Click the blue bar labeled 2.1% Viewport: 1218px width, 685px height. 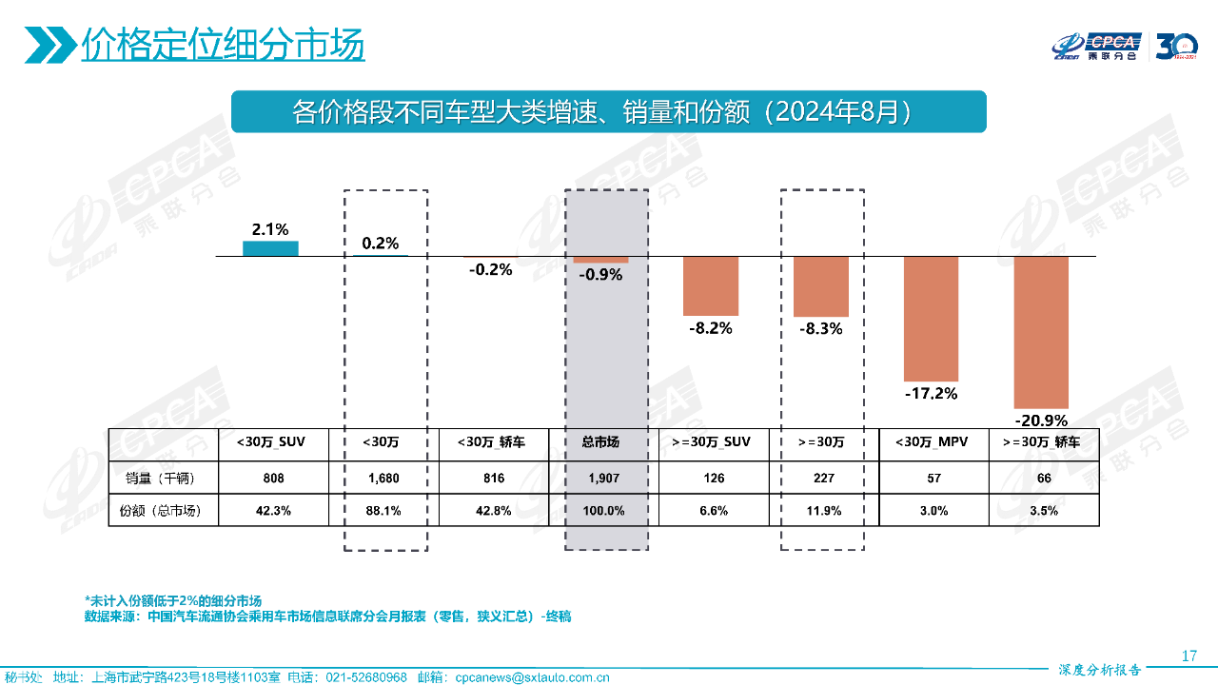pyautogui.click(x=270, y=248)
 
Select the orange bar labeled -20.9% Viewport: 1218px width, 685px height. pyautogui.click(x=1041, y=332)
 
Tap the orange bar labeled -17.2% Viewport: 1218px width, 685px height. pyautogui.click(x=931, y=319)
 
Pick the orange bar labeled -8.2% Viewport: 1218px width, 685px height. pyautogui.click(x=711, y=285)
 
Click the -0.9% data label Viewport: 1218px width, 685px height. pyautogui.click(x=599, y=275)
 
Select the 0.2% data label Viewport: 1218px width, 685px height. pyautogui.click(x=381, y=243)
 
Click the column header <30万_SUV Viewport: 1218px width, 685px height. pyautogui.click(x=273, y=441)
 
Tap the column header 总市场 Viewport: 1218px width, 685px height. pyautogui.click(x=600, y=441)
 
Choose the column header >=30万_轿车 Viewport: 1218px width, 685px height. pyautogui.click(x=1044, y=441)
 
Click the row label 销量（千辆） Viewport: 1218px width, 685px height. pyautogui.click(x=164, y=478)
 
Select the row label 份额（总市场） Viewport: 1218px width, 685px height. pyautogui.click(x=164, y=511)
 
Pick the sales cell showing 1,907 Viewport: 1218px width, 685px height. pyautogui.click(x=600, y=478)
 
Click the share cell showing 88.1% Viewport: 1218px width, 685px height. pyautogui.click(x=383, y=511)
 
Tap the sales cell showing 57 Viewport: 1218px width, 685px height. pyautogui.click(x=933, y=478)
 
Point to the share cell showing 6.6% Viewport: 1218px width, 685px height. pyautogui.click(x=713, y=511)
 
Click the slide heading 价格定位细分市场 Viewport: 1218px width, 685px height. pyautogui.click(x=223, y=45)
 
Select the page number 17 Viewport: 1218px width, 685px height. pyautogui.click(x=1189, y=656)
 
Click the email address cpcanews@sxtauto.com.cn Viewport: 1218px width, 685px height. pyautogui.click(x=533, y=677)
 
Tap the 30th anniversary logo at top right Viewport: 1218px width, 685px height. pyautogui.click(x=1176, y=46)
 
